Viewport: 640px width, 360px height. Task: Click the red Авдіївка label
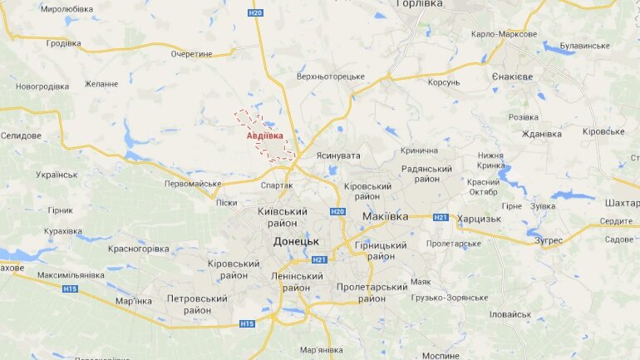click(x=264, y=136)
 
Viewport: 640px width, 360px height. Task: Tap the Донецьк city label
click(x=296, y=240)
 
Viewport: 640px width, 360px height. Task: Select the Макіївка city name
click(x=386, y=216)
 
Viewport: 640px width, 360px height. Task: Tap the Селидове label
click(x=22, y=135)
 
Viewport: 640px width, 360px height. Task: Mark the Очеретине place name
click(x=192, y=53)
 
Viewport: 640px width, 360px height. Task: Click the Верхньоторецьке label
click(x=331, y=76)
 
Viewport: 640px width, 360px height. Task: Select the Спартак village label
click(x=277, y=185)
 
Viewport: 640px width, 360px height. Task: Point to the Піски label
click(x=226, y=203)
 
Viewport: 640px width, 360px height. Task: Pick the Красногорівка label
click(x=139, y=249)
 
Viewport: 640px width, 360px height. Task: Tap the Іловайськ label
click(x=510, y=314)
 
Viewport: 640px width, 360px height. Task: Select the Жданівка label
click(x=542, y=134)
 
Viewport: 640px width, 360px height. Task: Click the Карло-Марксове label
click(x=504, y=34)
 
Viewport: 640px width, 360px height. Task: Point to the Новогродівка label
click(x=42, y=86)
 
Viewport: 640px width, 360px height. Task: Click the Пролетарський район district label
click(x=372, y=293)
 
